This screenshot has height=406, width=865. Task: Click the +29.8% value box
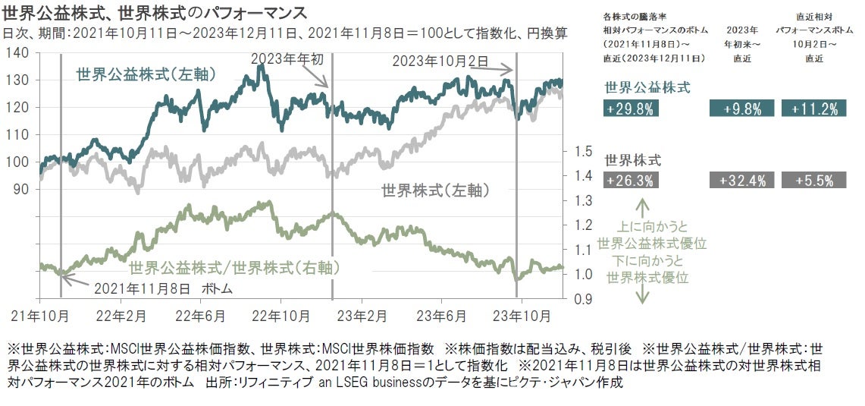pyautogui.click(x=631, y=109)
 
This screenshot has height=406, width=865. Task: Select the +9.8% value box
pyautogui.click(x=741, y=109)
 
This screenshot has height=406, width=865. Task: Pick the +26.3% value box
pyautogui.click(x=631, y=181)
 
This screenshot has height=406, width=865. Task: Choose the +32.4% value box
pyautogui.click(x=741, y=181)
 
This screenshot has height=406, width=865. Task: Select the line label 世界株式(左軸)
pyautogui.click(x=435, y=190)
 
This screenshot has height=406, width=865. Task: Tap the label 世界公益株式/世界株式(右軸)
pyautogui.click(x=233, y=267)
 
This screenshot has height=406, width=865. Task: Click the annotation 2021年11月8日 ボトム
pyautogui.click(x=163, y=289)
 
